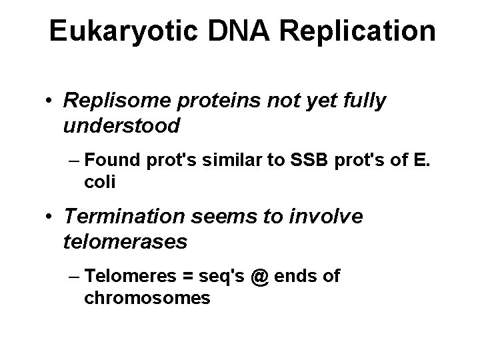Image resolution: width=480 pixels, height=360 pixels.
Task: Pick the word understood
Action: click(x=121, y=125)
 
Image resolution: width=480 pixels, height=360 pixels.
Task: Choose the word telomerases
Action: click(x=125, y=241)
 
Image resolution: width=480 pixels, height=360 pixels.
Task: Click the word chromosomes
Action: click(x=147, y=297)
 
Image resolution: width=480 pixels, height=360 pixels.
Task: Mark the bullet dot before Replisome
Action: click(x=51, y=102)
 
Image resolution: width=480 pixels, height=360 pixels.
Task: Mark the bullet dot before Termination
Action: click(x=51, y=218)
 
